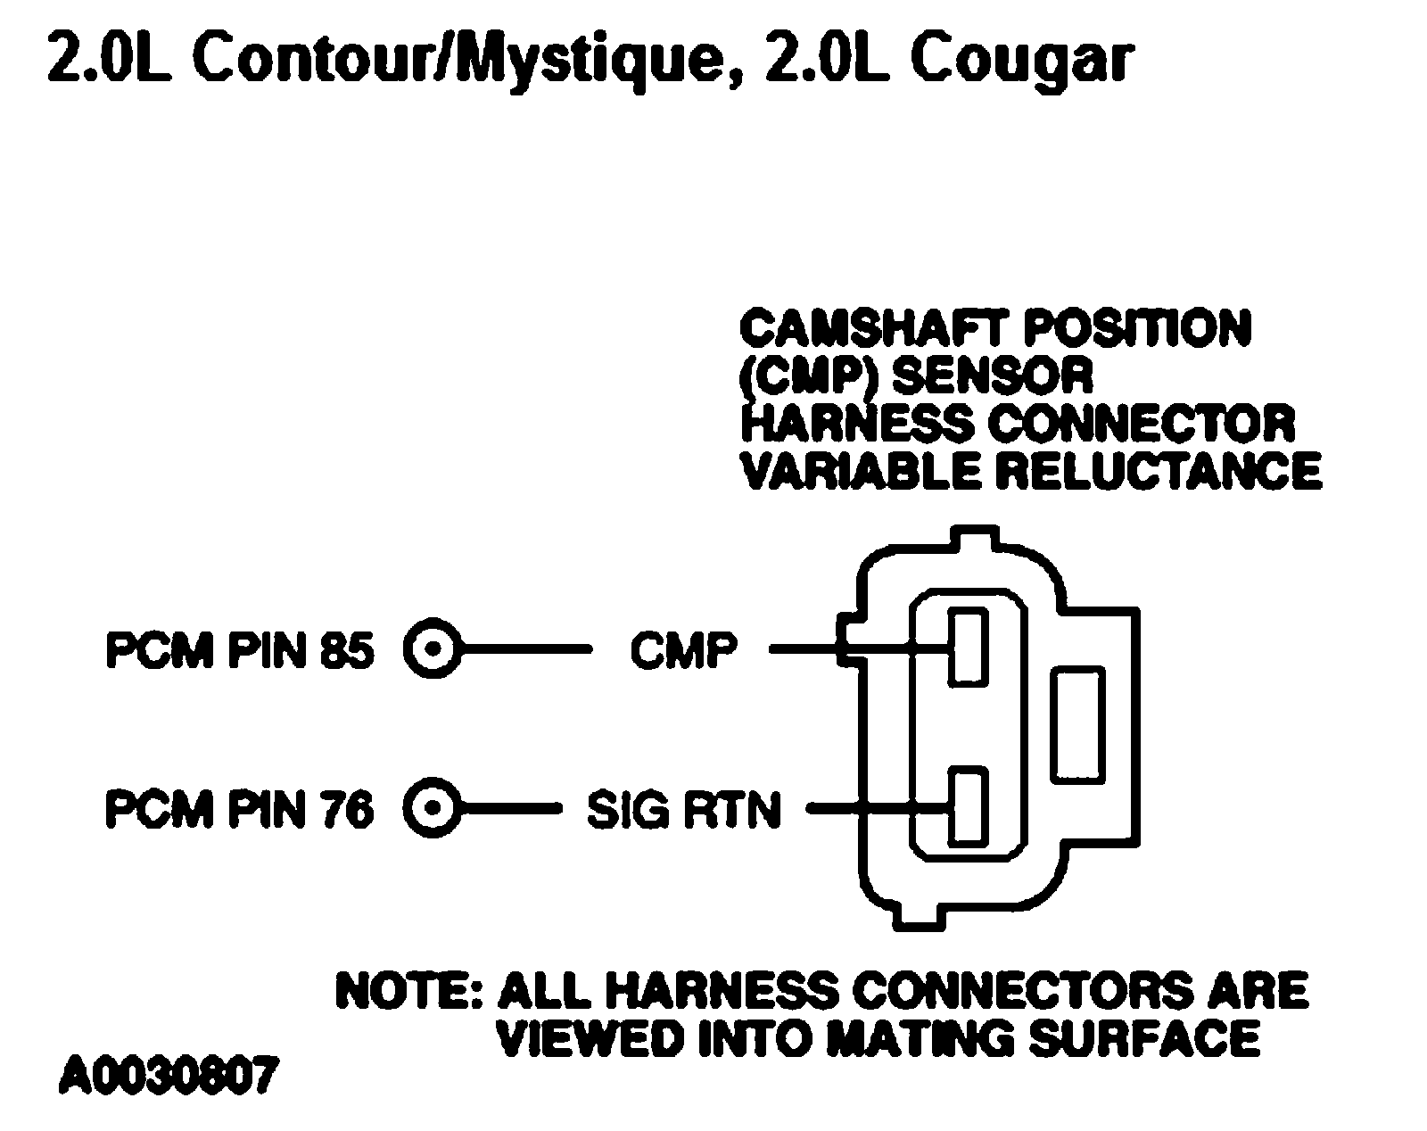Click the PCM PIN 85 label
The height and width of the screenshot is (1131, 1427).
(239, 650)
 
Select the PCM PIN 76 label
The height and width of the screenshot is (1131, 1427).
(239, 810)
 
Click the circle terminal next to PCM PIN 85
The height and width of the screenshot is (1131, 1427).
(433, 649)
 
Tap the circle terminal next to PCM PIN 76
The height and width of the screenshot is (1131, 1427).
(433, 809)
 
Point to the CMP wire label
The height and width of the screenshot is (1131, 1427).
(683, 650)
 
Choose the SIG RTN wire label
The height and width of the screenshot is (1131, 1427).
(683, 810)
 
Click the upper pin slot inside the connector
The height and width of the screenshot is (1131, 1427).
(967, 646)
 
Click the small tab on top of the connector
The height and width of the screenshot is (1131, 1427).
(976, 540)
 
